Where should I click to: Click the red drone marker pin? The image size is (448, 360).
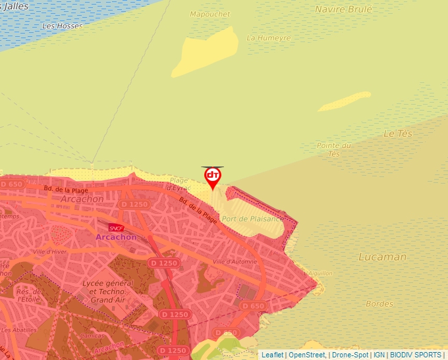(213, 177)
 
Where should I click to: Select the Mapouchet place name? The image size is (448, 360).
(210, 14)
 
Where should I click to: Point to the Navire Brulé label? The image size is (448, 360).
(343, 9)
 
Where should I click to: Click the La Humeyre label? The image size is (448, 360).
(269, 38)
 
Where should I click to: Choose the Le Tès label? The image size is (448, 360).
(397, 134)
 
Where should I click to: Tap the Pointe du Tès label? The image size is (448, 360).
(333, 149)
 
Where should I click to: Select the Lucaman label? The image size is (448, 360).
(382, 257)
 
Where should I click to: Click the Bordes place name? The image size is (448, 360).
(379, 304)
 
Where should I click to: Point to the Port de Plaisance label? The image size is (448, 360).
(253, 218)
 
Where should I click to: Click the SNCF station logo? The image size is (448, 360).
(116, 228)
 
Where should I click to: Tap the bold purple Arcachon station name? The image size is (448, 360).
(116, 237)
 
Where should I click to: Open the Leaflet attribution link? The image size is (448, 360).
(272, 355)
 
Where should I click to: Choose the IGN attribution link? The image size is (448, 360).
(379, 355)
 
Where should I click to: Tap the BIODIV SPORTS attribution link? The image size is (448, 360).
(416, 355)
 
